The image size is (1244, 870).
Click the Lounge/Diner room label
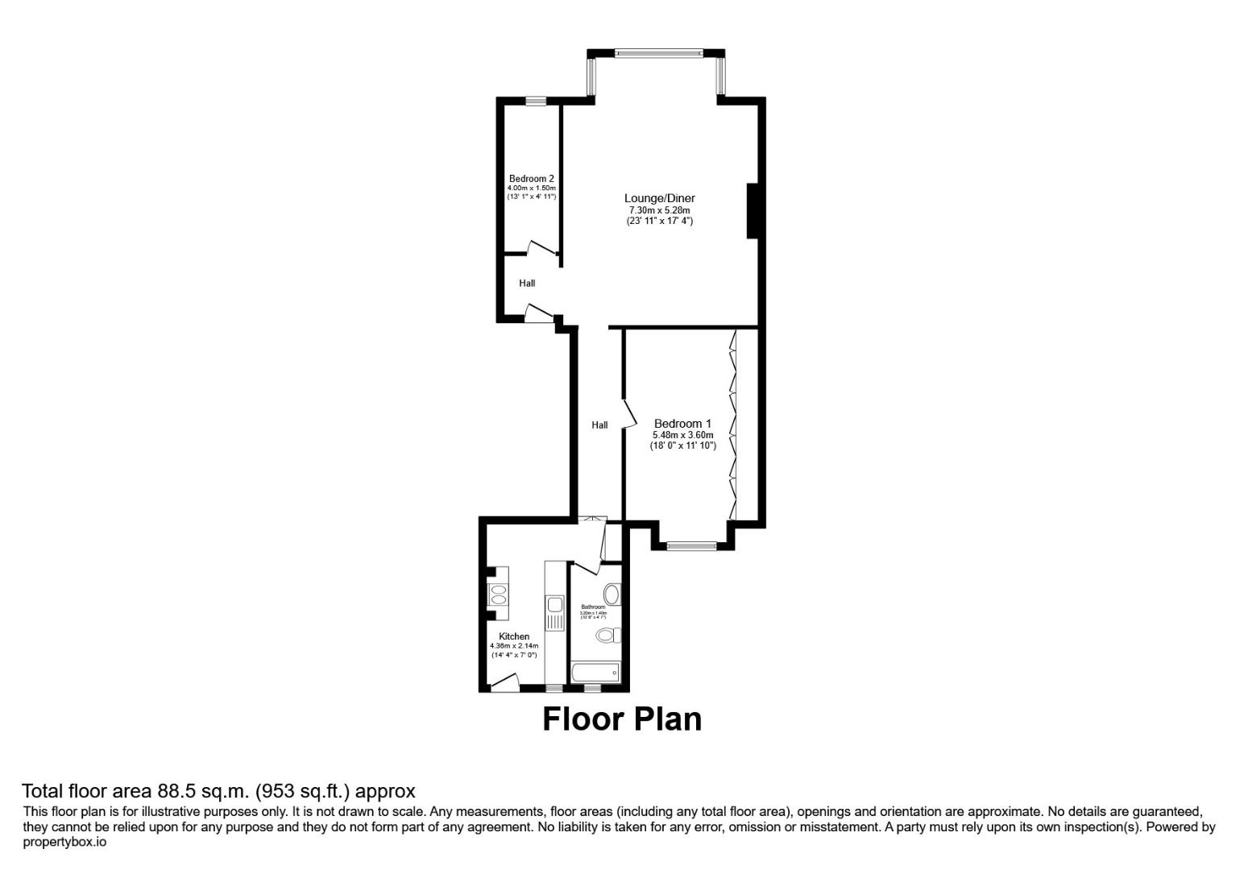tap(659, 198)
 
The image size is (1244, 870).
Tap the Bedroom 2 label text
tap(531, 179)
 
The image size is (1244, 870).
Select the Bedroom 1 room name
tap(682, 424)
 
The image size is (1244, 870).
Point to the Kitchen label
tap(514, 636)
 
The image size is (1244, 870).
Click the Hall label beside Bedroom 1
tap(599, 425)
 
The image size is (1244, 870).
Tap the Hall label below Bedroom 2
tap(527, 284)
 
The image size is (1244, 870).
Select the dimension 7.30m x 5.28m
tap(659, 210)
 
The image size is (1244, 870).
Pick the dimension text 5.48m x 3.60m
tap(682, 435)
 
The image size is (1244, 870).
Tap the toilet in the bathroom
tap(608, 636)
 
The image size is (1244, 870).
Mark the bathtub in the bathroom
tap(595, 672)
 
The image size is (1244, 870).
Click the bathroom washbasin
tap(612, 595)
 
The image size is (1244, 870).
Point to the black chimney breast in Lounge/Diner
tap(753, 211)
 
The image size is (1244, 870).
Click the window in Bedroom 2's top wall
tap(536, 101)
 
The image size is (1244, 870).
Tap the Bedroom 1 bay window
tap(691, 546)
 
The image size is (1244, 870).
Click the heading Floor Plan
tap(621, 719)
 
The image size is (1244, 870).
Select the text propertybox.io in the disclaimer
tap(64, 843)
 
